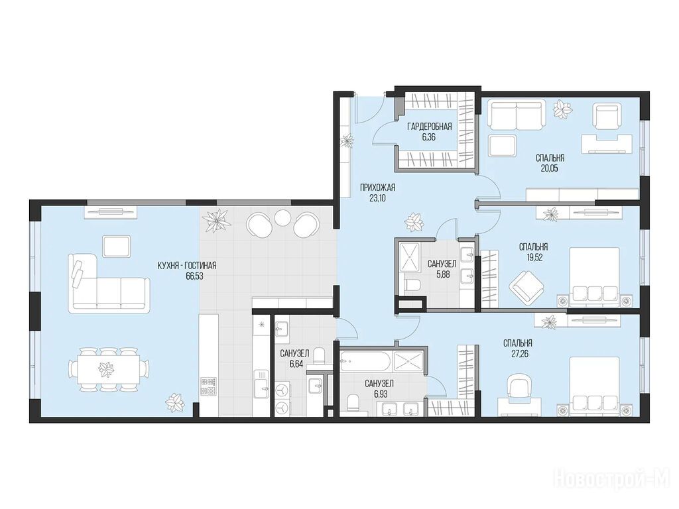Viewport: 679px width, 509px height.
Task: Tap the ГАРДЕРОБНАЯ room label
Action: point(429,127)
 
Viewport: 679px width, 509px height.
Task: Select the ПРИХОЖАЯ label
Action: point(378,188)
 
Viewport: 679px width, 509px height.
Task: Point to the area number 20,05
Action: point(549,168)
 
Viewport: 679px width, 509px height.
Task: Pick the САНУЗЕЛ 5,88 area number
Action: point(442,274)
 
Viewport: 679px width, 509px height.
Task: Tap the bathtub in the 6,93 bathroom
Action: point(366,361)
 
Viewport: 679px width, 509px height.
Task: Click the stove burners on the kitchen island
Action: point(208,386)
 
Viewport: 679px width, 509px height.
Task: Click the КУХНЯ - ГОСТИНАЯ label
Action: point(187,266)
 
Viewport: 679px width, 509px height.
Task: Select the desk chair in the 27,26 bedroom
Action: point(518,386)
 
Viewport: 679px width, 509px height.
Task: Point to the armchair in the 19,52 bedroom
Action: point(526,286)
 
